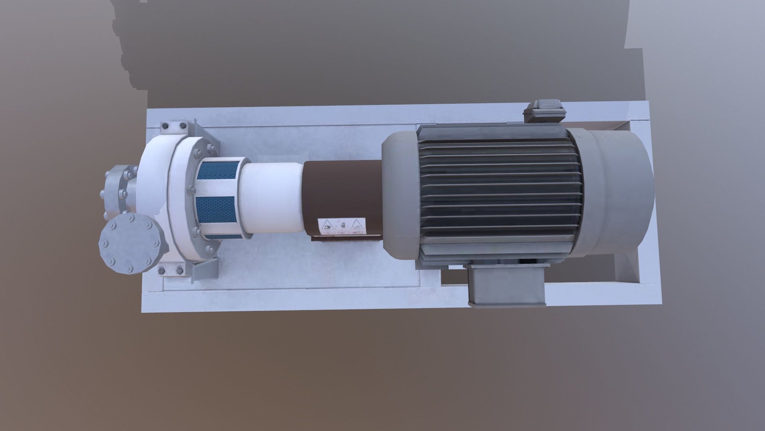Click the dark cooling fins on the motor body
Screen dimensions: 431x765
(498, 192)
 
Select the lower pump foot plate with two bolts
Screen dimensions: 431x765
(171, 271)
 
